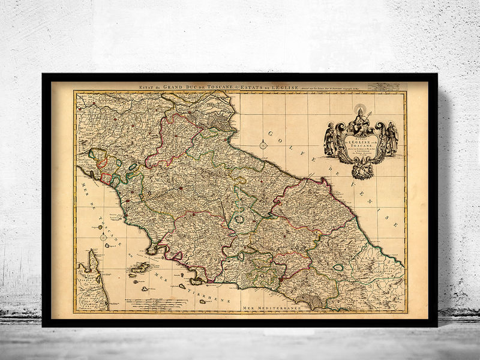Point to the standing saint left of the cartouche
point(330,139)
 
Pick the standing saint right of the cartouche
point(391,138)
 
